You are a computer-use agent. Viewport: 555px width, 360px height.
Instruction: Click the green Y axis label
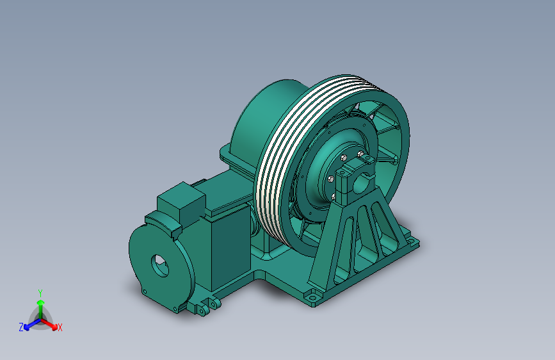pyautogui.click(x=40, y=293)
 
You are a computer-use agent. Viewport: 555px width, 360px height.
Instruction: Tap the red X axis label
pyautogui.click(x=60, y=327)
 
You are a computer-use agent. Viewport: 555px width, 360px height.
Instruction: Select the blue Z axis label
pyautogui.click(x=21, y=327)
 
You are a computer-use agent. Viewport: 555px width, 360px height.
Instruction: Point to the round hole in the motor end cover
pyautogui.click(x=160, y=265)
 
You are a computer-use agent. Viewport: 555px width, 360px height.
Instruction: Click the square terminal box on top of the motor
pyautogui.click(x=181, y=201)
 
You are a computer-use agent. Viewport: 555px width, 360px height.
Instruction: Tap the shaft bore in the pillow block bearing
pyautogui.click(x=362, y=184)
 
